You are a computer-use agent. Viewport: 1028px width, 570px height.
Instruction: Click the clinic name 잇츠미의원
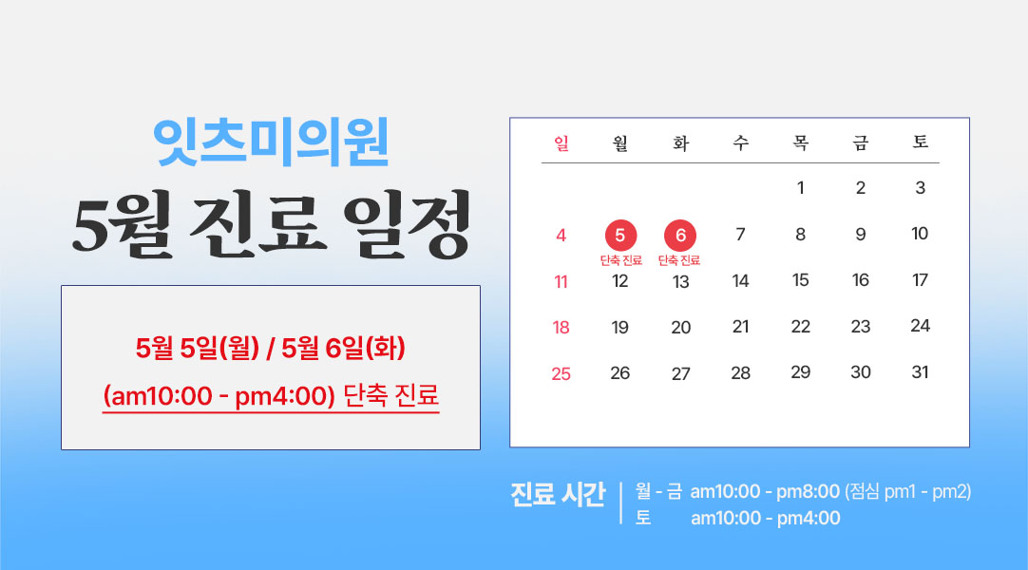coord(271,142)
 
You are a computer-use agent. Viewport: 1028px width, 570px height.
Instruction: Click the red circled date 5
coord(620,236)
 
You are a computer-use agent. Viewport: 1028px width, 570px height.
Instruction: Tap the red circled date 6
coord(680,236)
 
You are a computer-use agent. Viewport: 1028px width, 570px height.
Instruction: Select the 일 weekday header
coord(562,142)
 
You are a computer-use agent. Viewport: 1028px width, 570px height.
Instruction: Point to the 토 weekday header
coord(921,142)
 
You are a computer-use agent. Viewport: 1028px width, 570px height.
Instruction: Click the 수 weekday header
coord(741,142)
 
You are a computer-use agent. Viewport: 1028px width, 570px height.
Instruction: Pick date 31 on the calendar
coord(920,372)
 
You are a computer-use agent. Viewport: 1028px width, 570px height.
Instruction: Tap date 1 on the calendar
coord(801,188)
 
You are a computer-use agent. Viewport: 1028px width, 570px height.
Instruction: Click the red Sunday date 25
coord(561,373)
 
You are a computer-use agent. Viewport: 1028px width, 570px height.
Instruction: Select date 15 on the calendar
coord(801,280)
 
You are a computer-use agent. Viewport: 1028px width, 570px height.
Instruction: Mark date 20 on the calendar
coord(680,327)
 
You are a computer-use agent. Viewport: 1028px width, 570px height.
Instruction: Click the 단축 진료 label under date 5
coord(620,260)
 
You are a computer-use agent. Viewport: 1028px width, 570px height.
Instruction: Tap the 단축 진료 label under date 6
coord(679,260)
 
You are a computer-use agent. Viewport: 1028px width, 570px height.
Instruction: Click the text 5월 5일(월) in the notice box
coord(198,348)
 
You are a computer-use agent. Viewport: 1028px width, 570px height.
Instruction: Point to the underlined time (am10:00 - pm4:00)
coord(219,396)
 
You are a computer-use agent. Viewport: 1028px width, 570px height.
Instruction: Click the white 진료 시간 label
coord(558,494)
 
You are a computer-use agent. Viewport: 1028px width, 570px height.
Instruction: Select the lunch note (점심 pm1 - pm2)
coord(908,491)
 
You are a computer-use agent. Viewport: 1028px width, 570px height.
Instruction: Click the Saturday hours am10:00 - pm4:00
coord(765,519)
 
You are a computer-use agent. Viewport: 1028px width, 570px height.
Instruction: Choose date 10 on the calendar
coord(920,234)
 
